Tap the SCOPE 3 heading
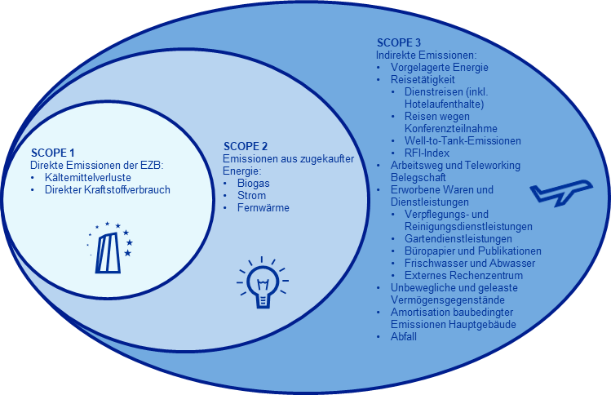[399, 42]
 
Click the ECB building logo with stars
[112, 246]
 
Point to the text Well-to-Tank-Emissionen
[462, 140]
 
